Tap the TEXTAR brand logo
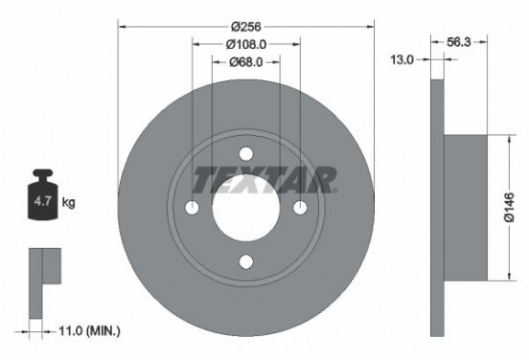coord(264,178)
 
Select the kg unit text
coord(68,204)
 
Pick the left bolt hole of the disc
coord(192,209)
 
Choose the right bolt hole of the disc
coord(300,209)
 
